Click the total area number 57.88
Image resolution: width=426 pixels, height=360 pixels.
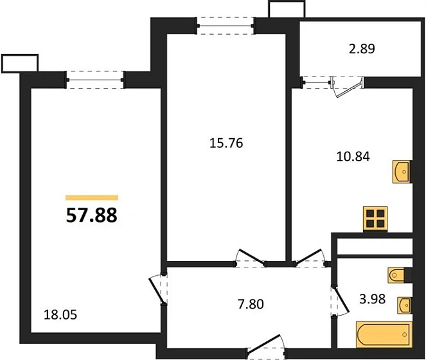pyautogui.click(x=92, y=215)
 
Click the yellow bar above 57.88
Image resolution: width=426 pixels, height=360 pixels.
pyautogui.click(x=92, y=198)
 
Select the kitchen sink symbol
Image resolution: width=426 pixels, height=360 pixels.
pyautogui.click(x=400, y=172)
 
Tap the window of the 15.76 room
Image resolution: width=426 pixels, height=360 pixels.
pyautogui.click(x=226, y=26)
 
